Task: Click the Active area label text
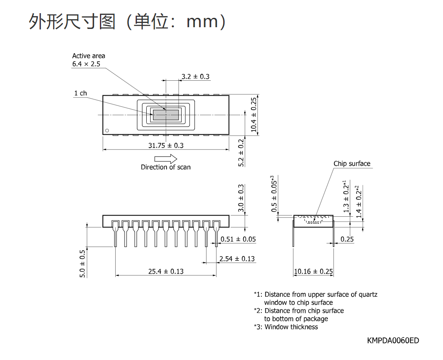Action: tap(89, 56)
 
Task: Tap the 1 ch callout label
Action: tap(80, 93)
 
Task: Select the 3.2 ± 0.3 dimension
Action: tap(196, 77)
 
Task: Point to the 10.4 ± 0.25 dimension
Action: tap(254, 115)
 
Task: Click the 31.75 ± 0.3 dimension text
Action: tap(166, 145)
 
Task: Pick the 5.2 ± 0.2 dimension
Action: tap(241, 153)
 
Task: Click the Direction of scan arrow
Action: tap(165, 159)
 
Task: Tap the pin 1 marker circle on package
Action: tap(107, 130)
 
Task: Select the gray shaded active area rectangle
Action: tap(166, 115)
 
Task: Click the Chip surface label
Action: tap(352, 164)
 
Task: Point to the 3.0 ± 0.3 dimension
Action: tap(241, 198)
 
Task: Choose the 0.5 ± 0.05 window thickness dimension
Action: tap(274, 194)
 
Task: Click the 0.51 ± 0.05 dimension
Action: tap(238, 239)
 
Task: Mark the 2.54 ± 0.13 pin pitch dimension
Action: tap(237, 259)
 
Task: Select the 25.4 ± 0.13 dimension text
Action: tap(166, 271)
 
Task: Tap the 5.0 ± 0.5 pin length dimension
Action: tap(82, 264)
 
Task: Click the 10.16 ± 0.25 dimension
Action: tap(313, 271)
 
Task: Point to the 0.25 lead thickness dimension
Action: tap(347, 239)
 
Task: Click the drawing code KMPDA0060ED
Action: tap(393, 340)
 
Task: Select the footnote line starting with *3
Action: tap(286, 327)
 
